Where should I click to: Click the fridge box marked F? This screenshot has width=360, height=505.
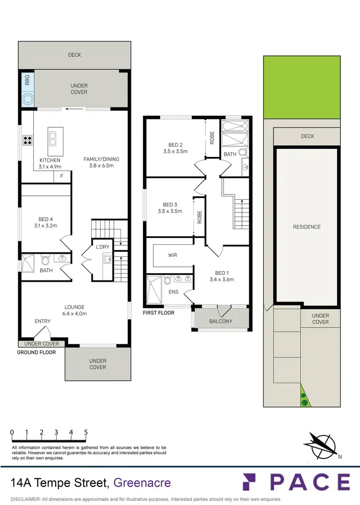click(62, 177)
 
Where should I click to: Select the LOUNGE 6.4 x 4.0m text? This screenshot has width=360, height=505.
click(75, 310)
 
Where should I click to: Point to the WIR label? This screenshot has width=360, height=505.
click(172, 255)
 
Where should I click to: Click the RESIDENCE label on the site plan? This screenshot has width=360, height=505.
click(307, 227)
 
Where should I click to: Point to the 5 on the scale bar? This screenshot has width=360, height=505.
click(86, 432)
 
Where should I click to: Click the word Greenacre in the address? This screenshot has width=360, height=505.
click(143, 482)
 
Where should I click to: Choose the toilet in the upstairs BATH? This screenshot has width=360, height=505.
click(242, 152)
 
